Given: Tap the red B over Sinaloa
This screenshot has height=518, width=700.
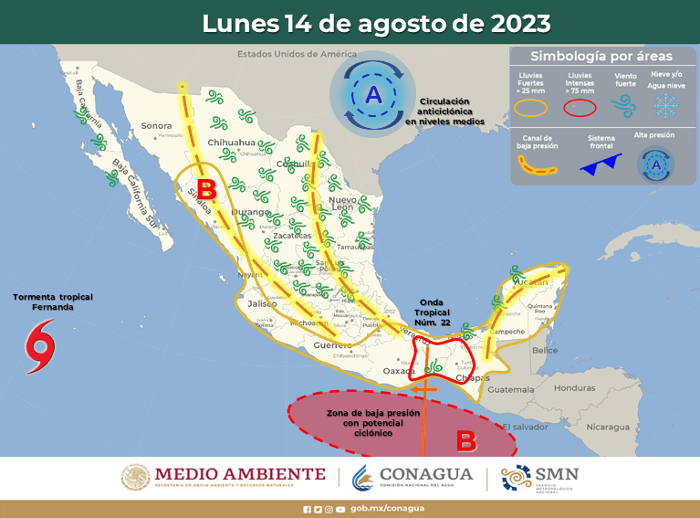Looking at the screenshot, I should pyautogui.click(x=206, y=190).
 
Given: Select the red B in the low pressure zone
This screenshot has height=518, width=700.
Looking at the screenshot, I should pyautogui.click(x=465, y=441).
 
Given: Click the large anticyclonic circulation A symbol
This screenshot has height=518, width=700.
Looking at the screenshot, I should pyautogui.click(x=373, y=94).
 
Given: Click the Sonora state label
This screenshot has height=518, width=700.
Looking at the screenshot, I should pyautogui.click(x=156, y=125).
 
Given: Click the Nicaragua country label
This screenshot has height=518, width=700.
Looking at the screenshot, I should pyautogui.click(x=607, y=427).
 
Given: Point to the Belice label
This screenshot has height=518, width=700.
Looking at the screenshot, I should pyautogui.click(x=545, y=350).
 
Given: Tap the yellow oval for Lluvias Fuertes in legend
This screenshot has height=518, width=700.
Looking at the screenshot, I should pyautogui.click(x=531, y=107).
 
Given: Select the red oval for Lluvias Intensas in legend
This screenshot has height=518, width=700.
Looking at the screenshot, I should pyautogui.click(x=580, y=107).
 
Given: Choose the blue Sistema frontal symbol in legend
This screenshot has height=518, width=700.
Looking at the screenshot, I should pyautogui.click(x=601, y=165).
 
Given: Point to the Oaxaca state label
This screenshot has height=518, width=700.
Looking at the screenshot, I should pyautogui.click(x=399, y=371).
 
